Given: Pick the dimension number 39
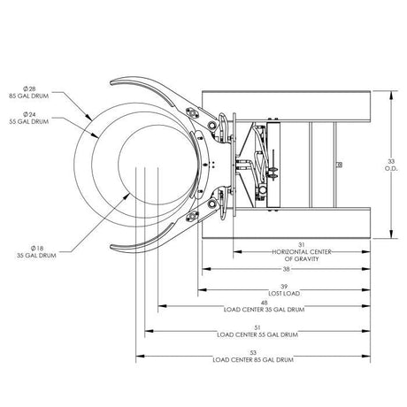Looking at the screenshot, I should [x=284, y=287].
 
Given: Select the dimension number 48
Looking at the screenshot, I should [x=265, y=302].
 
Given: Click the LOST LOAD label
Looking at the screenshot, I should [x=284, y=294].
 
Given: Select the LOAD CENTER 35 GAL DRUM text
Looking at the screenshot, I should [x=265, y=310].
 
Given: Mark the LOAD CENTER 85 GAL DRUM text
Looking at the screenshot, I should [x=253, y=359].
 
